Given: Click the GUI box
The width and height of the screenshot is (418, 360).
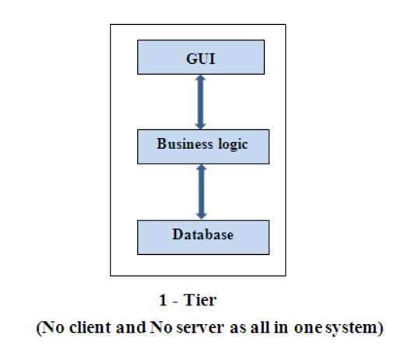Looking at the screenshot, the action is (201, 57).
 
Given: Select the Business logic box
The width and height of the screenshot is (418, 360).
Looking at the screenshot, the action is (203, 146).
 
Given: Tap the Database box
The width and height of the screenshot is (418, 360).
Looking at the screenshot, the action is (203, 237).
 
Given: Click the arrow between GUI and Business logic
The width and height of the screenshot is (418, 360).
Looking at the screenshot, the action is (201, 102).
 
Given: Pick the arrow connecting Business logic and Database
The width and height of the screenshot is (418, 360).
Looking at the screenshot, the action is (202, 192).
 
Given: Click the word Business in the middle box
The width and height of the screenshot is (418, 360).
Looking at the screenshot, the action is (184, 144).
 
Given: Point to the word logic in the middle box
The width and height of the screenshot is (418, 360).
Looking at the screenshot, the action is (233, 144).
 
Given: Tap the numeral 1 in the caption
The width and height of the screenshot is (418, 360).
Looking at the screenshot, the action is (163, 300).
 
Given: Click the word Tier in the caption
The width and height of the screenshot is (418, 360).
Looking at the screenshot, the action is (200, 300).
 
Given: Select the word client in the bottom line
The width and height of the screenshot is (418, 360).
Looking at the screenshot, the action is (90, 327).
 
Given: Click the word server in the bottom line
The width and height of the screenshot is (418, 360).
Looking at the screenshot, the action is (200, 328).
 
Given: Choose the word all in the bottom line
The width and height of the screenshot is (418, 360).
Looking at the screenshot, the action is (260, 327).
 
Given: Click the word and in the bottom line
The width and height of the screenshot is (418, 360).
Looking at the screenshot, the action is (131, 327).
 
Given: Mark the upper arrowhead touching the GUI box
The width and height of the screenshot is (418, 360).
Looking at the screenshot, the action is (201, 77).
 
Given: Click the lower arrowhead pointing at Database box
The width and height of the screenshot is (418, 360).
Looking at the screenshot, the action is (202, 217).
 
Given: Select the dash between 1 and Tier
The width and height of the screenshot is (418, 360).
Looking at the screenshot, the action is (175, 302).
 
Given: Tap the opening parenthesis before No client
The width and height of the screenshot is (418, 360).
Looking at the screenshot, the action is (39, 328).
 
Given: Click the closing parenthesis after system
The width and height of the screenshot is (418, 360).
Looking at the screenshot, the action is (380, 328).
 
